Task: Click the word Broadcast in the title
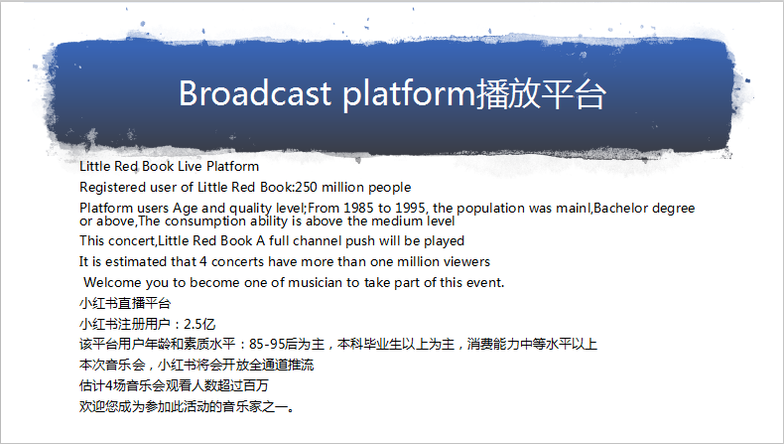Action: tap(255, 93)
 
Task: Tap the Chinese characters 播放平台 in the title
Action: tap(541, 93)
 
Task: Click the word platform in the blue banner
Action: tap(409, 94)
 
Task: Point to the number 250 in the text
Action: tap(306, 187)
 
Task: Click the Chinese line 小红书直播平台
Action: tap(125, 303)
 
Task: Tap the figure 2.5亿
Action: tap(199, 325)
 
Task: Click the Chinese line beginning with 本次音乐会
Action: tap(196, 365)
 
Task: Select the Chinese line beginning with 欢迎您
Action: tap(187, 406)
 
